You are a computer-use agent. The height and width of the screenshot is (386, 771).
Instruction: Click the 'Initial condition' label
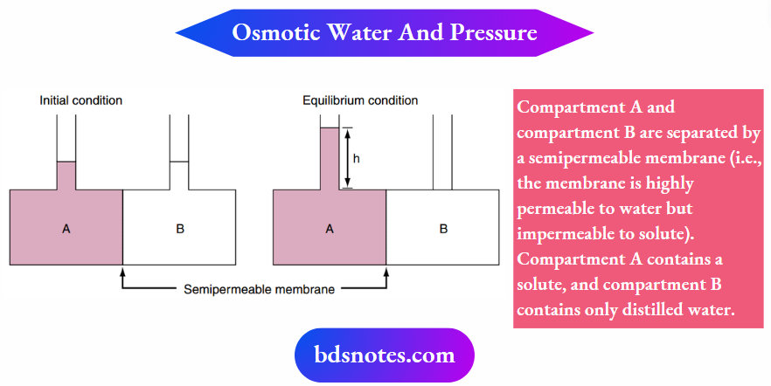[x=80, y=100]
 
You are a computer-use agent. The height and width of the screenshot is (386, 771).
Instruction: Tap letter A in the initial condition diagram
[x=66, y=229]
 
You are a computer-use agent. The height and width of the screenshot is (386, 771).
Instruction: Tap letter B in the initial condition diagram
[x=180, y=229]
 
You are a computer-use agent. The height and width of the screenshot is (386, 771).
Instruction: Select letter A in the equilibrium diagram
[x=330, y=229]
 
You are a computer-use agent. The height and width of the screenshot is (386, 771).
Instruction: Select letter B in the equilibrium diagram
[x=443, y=229]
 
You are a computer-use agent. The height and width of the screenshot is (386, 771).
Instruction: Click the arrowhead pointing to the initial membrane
[x=123, y=272]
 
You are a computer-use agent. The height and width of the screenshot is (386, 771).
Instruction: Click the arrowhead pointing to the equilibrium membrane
[x=386, y=272]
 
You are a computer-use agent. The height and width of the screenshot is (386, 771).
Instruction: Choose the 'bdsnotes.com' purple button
[x=385, y=355]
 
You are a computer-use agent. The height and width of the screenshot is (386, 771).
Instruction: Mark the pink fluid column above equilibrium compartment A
[x=330, y=157]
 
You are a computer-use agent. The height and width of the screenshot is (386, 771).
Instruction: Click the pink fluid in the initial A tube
[x=66, y=175]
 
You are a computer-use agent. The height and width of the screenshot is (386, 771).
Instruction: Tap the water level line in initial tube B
[x=180, y=162]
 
